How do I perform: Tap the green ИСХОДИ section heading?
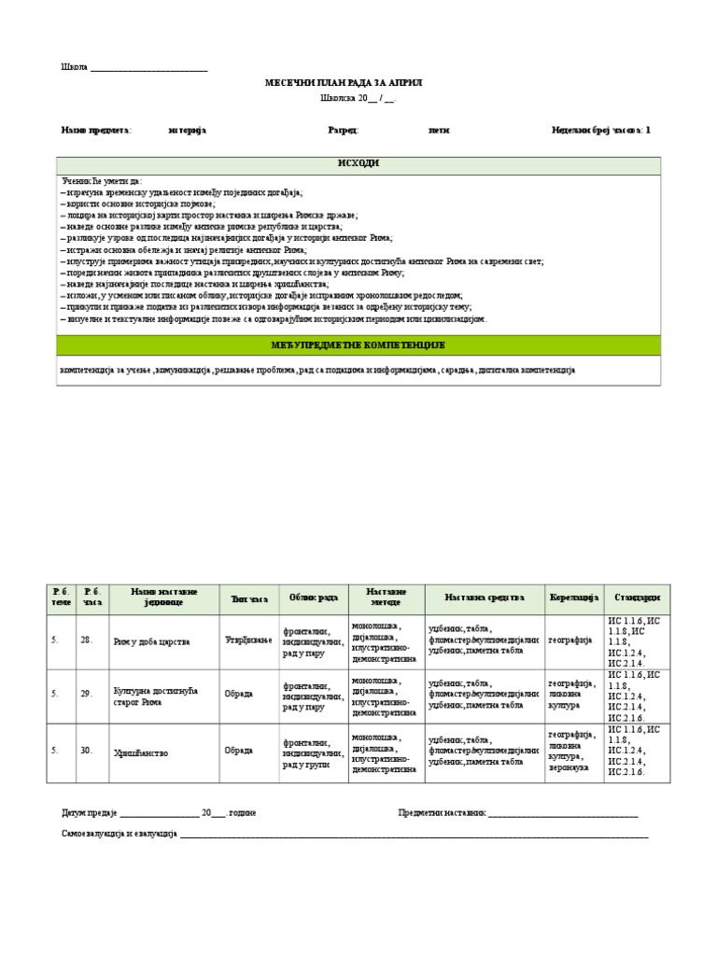click(358, 164)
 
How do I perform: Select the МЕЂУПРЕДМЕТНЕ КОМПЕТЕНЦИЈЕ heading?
click(358, 345)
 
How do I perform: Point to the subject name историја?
click(187, 131)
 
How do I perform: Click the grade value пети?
click(439, 131)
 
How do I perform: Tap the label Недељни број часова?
click(597, 131)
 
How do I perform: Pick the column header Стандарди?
click(638, 597)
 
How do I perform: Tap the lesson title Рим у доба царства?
click(151, 641)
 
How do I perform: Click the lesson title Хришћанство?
click(141, 752)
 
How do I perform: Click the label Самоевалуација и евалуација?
click(119, 833)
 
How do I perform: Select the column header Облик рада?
click(313, 597)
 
